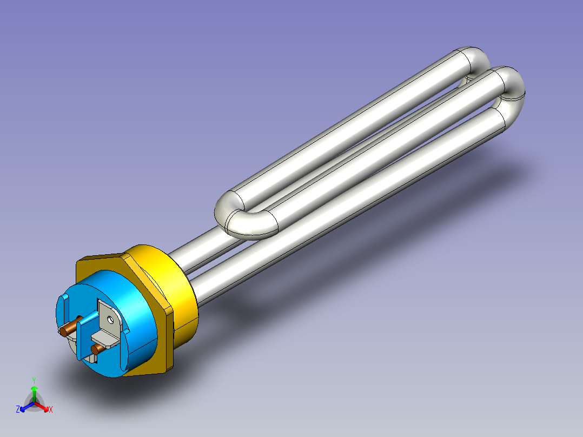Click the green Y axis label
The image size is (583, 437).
click(34, 380)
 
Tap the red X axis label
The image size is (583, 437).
click(51, 409)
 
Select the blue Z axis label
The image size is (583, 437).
click(18, 409)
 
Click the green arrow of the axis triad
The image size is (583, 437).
click(34, 394)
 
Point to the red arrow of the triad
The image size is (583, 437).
click(42, 407)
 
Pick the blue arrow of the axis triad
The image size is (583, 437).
click(27, 407)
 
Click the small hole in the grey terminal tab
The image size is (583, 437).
click(110, 319)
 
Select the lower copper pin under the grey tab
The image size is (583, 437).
click(97, 349)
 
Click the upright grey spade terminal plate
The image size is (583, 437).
click(109, 317)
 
